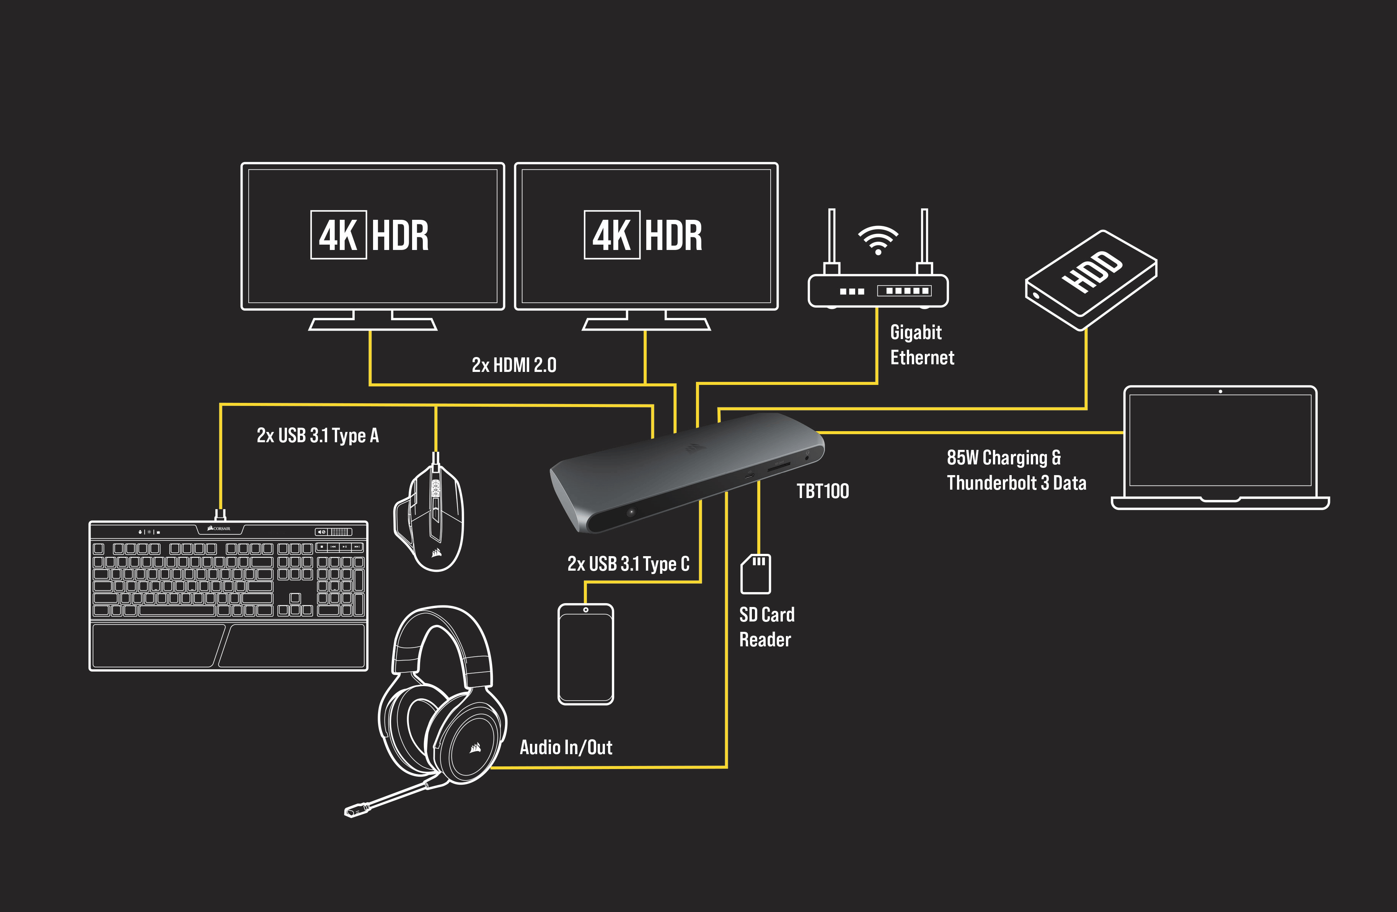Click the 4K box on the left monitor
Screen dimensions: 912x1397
(x=338, y=235)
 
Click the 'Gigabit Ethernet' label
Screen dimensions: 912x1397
(x=921, y=345)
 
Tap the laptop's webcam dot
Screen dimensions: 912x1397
(x=1220, y=391)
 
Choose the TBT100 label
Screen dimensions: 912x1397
(x=822, y=491)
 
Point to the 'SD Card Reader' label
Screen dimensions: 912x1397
(x=766, y=627)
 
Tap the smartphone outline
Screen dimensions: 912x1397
(x=585, y=654)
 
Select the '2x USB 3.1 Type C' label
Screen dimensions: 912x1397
(x=628, y=564)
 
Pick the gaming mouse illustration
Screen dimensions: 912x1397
(x=430, y=516)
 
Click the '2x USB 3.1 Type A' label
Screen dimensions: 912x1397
(x=318, y=435)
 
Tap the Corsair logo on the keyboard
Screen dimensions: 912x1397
(x=219, y=528)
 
